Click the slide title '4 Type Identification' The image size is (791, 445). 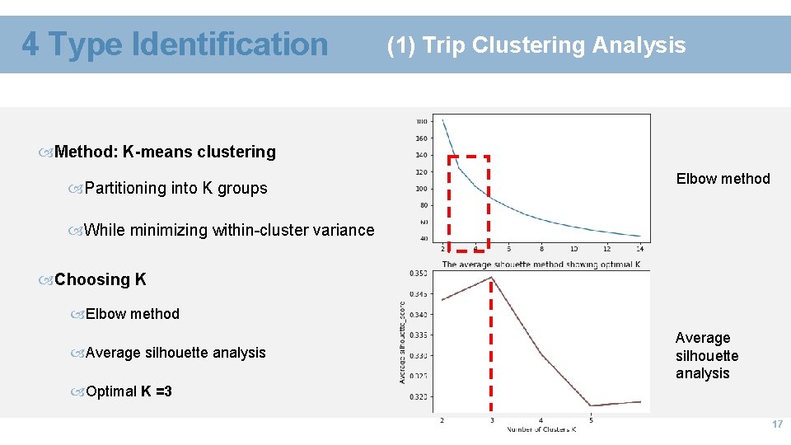175,44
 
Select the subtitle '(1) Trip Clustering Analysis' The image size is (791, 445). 536,44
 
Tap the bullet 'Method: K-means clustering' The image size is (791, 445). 165,152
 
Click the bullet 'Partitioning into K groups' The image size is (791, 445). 176,188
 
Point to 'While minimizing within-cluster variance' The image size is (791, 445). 229,230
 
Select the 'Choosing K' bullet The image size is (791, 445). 100,279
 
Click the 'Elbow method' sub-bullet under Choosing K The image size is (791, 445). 132,314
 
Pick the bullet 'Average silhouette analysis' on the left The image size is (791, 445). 176,353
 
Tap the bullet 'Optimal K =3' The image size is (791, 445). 129,391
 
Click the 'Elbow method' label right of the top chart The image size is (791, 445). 723,179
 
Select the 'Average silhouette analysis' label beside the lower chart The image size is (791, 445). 707,355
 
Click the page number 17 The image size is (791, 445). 776,424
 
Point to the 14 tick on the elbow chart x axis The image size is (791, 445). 640,248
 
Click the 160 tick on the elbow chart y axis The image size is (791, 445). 421,138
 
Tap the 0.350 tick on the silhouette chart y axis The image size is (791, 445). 418,273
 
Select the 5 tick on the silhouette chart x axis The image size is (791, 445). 591,420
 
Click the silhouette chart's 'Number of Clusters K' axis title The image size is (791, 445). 541,429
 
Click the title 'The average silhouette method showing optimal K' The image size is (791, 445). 541,264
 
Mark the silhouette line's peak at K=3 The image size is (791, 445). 492,278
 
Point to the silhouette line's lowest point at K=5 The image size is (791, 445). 591,405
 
